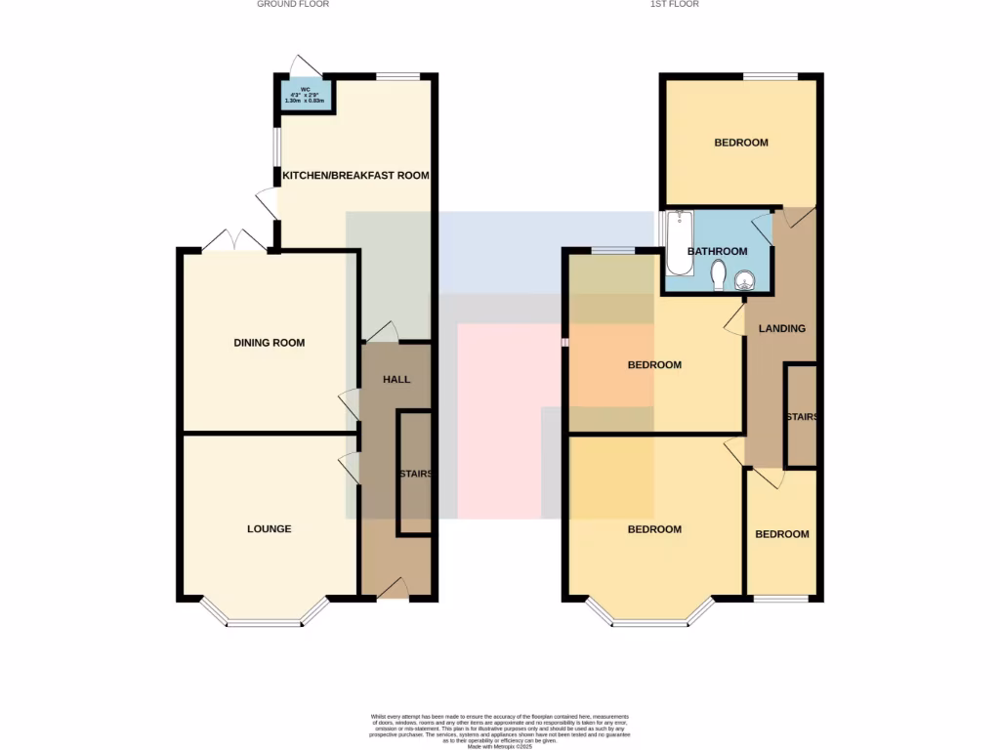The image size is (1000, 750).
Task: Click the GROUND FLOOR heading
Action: coord(293,4)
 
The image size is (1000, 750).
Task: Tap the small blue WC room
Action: coord(304,96)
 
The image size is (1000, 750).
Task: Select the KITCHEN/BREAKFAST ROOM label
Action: coord(355,176)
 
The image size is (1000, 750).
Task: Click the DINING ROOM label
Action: coord(269,343)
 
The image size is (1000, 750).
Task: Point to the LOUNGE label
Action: coord(269,529)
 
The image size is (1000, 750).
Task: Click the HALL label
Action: coord(396,380)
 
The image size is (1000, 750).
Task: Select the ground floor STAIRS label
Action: coord(415,475)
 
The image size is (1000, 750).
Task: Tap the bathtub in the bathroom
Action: coord(678,243)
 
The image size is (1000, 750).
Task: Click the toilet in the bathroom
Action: coord(720,274)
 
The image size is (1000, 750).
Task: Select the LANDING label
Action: coord(782,329)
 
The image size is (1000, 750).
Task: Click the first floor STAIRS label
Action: coord(801,417)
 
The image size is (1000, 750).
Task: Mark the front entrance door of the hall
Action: coord(395,588)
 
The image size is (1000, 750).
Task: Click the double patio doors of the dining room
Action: coord(234,240)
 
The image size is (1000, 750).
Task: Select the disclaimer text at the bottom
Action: coord(499,731)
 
